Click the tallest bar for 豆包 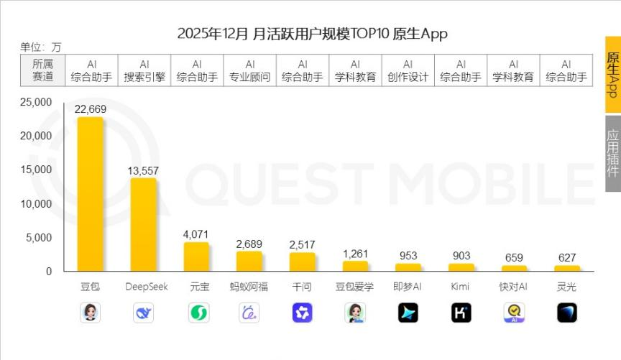[90, 194]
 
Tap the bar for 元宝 [196, 257]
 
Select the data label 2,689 [249, 244]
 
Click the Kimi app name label [460, 287]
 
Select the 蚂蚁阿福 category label [249, 287]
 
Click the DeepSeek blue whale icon [144, 313]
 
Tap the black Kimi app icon [461, 313]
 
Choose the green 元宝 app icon [197, 313]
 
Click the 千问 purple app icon [303, 313]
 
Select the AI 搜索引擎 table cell [144, 70]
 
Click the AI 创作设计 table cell [408, 70]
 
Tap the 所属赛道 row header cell [42, 70]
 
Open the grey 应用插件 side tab [612, 153]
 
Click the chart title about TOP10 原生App [312, 34]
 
